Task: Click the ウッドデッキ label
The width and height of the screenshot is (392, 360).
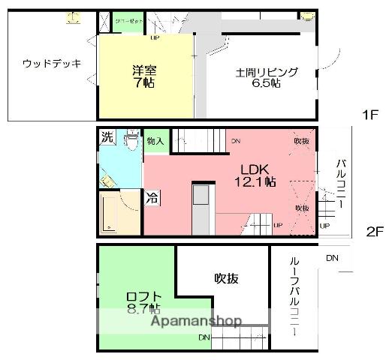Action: [x=52, y=63]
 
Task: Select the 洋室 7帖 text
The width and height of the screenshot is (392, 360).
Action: [x=143, y=77]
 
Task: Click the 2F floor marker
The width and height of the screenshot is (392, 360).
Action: [x=375, y=231]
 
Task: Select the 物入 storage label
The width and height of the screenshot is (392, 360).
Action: [x=155, y=141]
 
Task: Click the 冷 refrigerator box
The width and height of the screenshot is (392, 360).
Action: [x=152, y=199]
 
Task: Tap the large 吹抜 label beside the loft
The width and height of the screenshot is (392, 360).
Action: [x=226, y=278]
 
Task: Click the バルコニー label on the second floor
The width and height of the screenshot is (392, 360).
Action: [x=339, y=183]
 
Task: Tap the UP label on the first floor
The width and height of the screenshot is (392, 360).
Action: [x=155, y=37]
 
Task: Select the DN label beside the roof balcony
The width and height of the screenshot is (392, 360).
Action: [x=333, y=258]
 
